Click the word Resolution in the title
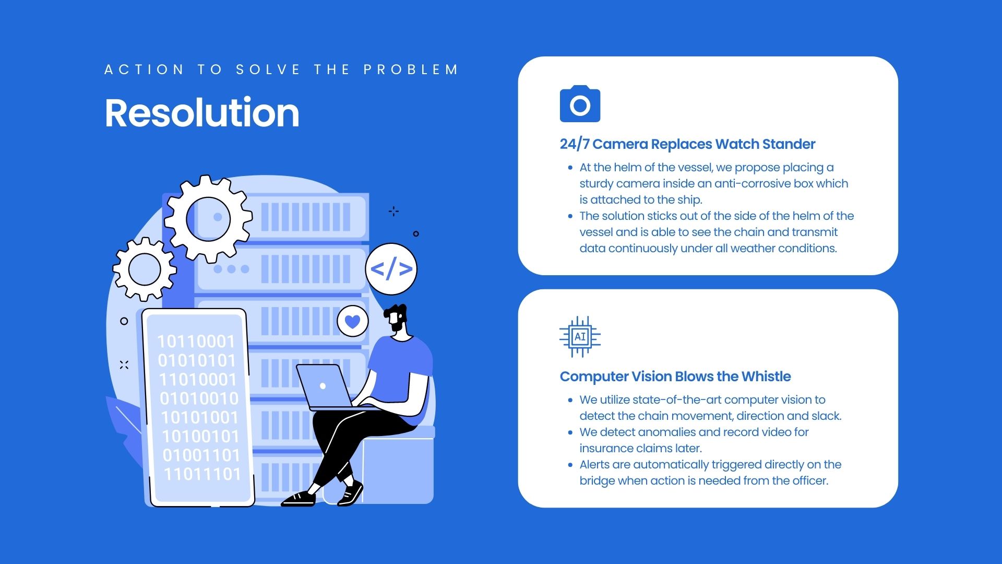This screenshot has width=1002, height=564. click(202, 113)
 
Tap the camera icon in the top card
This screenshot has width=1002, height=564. click(580, 104)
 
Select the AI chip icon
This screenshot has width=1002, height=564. click(580, 337)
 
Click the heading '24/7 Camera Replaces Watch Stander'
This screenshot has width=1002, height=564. click(687, 144)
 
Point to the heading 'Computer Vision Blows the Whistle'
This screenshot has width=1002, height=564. click(675, 377)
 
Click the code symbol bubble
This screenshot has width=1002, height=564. click(391, 269)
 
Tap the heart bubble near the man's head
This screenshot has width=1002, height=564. click(353, 321)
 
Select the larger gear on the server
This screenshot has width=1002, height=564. click(208, 219)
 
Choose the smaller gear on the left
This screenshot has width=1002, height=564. click(145, 269)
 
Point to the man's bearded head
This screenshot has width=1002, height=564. click(396, 319)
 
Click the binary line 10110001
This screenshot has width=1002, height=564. click(196, 342)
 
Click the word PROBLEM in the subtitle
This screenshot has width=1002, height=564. click(411, 70)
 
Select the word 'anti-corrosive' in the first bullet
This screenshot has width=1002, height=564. click(752, 184)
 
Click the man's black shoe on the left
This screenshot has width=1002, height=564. click(299, 498)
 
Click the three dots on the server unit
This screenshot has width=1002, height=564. click(231, 269)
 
